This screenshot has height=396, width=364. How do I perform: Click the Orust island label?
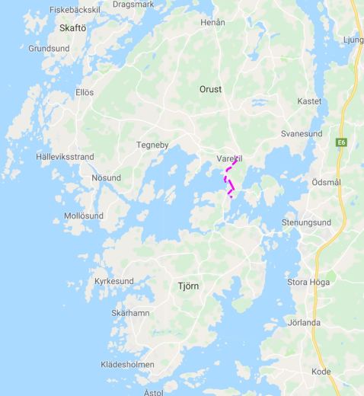click(x=210, y=89)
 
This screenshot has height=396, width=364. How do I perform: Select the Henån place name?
click(x=212, y=23)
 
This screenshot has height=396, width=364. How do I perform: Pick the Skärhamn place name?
click(x=130, y=313)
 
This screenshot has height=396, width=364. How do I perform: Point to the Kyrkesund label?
click(x=113, y=281)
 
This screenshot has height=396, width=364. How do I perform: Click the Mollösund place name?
click(x=84, y=216)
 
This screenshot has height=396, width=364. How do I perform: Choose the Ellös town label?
click(x=85, y=92)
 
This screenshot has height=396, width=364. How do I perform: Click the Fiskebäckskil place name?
click(x=74, y=10)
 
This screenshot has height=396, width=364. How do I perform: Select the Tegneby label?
click(x=152, y=145)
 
